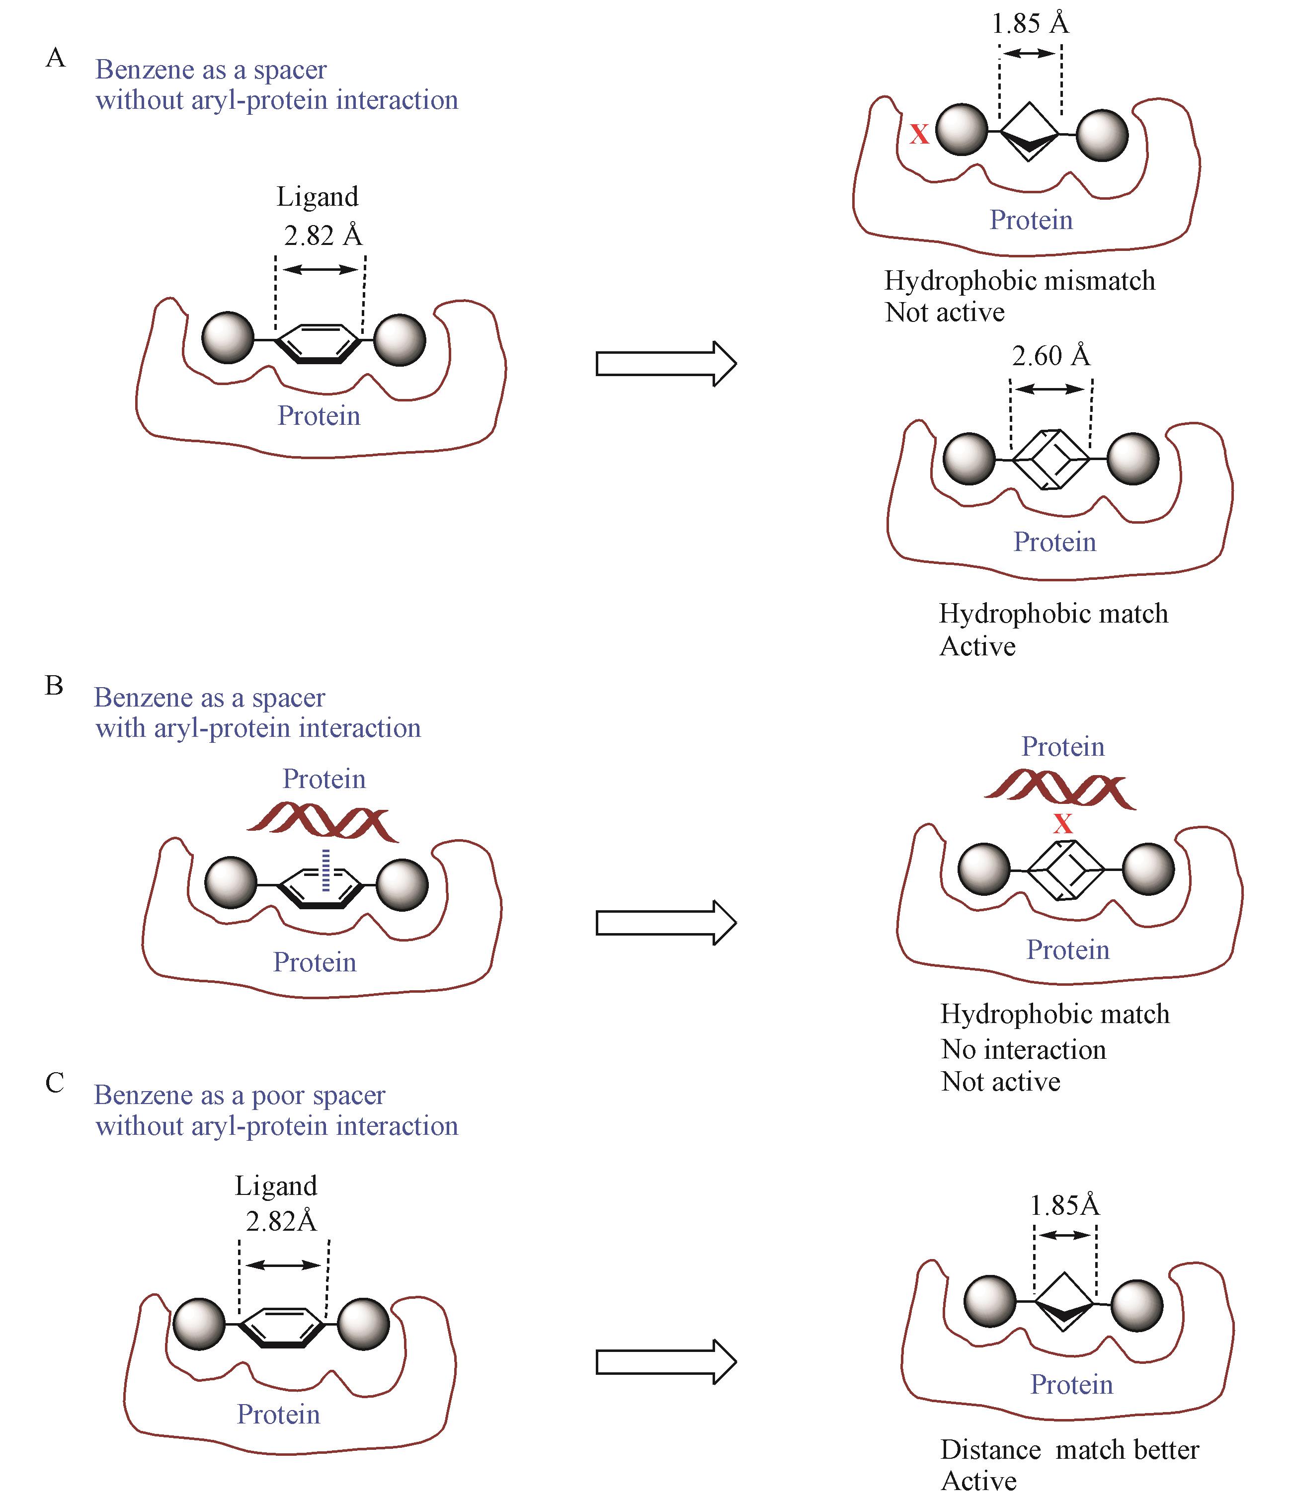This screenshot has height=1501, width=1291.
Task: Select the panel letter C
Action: pos(55,1083)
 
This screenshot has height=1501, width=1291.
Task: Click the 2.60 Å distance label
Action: pos(1050,356)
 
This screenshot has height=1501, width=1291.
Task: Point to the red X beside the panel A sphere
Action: pos(919,134)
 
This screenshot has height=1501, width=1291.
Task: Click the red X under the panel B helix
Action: pos(1062,824)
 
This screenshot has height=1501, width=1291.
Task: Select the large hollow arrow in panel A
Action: pos(665,363)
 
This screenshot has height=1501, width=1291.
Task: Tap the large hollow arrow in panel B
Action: pos(665,922)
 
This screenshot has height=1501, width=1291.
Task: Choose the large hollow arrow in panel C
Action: pos(665,1362)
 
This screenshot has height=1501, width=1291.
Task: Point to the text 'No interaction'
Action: pos(1023,1050)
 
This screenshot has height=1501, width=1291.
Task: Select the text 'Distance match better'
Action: pos(1069,1449)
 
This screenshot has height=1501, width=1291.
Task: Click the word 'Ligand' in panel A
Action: pos(318,197)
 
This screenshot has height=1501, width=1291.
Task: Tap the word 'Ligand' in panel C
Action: pos(276,1186)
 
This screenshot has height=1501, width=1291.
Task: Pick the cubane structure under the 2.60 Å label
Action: pos(1050,459)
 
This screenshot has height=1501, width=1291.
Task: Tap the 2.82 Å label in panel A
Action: pos(323,236)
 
